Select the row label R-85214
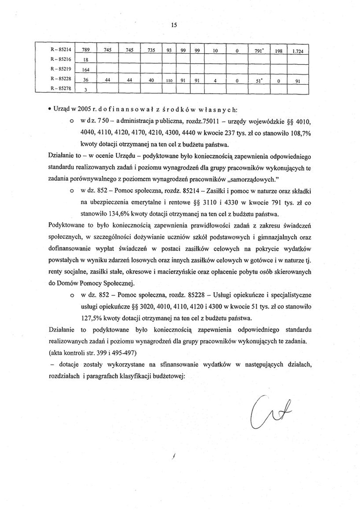coord(60,51)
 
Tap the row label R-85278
coord(60,90)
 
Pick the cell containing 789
coord(85,51)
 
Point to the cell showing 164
coord(85,70)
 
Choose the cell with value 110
coord(169,80)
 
